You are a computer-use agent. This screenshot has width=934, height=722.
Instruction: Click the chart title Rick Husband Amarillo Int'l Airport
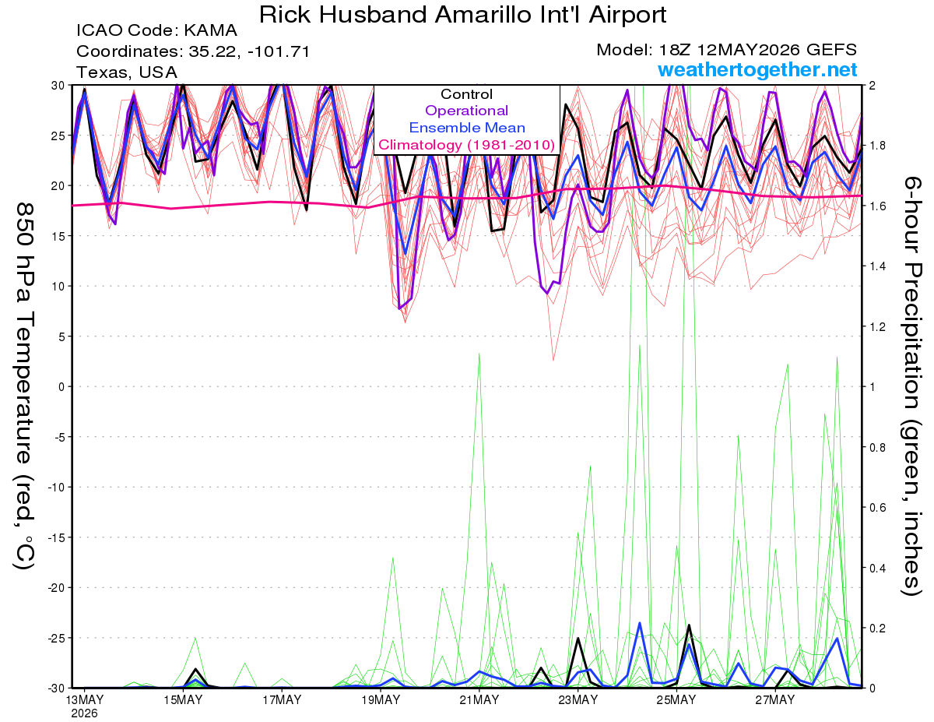coord(462,15)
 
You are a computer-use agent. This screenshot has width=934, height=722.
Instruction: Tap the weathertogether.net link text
coord(757,69)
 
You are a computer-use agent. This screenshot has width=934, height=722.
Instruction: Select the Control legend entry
coord(466,94)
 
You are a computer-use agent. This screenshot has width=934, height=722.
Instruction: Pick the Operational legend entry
coord(467,111)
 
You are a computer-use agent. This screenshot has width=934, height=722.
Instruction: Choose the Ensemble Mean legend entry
coord(467,128)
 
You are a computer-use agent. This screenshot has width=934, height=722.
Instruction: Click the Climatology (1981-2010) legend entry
coord(467,145)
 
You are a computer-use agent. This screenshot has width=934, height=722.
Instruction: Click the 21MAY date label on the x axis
coord(479,700)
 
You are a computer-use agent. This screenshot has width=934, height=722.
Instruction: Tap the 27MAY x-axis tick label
coord(775,700)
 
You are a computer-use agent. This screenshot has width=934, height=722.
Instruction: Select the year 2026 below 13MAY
coord(84,714)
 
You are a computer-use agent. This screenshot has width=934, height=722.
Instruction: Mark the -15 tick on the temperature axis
coord(56,537)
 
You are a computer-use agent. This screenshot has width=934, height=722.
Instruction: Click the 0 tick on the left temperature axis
coord(61,387)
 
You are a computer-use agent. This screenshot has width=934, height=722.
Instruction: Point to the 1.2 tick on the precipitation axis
coord(875,327)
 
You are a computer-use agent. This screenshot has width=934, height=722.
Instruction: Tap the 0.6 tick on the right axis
coord(875,507)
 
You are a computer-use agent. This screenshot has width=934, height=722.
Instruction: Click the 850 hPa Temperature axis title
coord(25,386)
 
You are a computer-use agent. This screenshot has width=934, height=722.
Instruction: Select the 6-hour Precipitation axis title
coord(911,386)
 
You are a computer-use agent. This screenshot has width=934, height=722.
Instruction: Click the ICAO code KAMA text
coord(157,30)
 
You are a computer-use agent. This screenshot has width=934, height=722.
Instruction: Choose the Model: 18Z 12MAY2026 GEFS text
coord(726,50)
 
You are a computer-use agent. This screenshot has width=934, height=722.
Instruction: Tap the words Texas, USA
coord(127,72)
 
